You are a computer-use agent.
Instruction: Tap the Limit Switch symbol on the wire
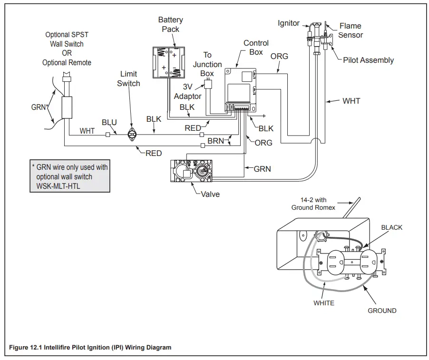pos(131,136)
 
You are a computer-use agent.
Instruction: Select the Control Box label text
pos(256,47)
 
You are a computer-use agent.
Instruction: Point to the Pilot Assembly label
pos(368,60)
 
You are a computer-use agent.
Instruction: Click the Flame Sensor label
pos(351,30)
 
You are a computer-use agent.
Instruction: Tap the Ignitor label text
pos(289,23)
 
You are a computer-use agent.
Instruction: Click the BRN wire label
pos(215,141)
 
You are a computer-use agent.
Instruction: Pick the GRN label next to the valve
pos(262,169)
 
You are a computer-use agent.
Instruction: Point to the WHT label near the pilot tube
pos(351,101)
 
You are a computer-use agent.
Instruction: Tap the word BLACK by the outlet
pos(391,228)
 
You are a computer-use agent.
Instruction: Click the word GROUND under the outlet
pos(382,311)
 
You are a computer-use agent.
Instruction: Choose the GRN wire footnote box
pos(69,176)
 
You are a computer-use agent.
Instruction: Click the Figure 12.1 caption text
pos(90,348)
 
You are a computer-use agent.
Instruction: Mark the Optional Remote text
pos(67,62)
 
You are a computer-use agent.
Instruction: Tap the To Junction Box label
pos(207,64)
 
